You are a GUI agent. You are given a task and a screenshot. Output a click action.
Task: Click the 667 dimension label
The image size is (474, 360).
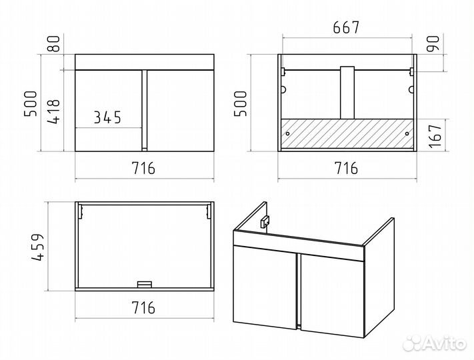pyautogui.click(x=346, y=27)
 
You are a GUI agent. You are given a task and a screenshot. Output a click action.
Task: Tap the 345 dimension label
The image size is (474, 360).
pyautogui.click(x=107, y=117)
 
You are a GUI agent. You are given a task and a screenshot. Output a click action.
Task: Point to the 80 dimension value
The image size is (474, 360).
pyautogui.click(x=55, y=43)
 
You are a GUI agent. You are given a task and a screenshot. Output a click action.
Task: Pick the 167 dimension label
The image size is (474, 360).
pyautogui.click(x=435, y=136)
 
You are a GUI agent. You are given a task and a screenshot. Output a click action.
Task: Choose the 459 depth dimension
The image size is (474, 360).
pyautogui.click(x=38, y=247)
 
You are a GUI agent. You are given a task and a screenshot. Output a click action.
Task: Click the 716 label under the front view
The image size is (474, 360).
pyautogui.click(x=143, y=168)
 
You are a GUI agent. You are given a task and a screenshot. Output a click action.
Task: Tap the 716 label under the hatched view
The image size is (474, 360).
pyautogui.click(x=347, y=168)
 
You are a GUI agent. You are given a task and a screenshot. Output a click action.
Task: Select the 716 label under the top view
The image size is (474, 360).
pyautogui.click(x=143, y=307)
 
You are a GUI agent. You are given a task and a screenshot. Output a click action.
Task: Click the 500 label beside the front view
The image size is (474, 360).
pyautogui.click(x=30, y=103)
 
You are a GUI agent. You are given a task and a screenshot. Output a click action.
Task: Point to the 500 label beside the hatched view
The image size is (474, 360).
pyautogui.click(x=241, y=103)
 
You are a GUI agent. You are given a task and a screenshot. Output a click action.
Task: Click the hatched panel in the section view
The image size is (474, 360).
pyautogui.click(x=347, y=133)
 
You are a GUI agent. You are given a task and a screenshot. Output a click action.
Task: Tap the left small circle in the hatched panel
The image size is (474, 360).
pyautogui.click(x=287, y=133)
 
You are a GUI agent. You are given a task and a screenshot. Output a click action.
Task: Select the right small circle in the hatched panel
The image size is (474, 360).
pyautogui.click(x=407, y=133)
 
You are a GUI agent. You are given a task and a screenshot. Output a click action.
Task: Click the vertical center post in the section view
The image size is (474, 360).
pyautogui.click(x=347, y=93)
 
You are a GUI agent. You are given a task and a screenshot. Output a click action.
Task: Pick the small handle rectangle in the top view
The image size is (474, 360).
pyautogui.click(x=145, y=285)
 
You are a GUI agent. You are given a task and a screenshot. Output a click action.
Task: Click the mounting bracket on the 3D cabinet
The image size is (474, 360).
pyautogui.click(x=265, y=222)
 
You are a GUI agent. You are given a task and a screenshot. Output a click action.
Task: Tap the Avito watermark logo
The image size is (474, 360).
pyautogui.click(x=435, y=343)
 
